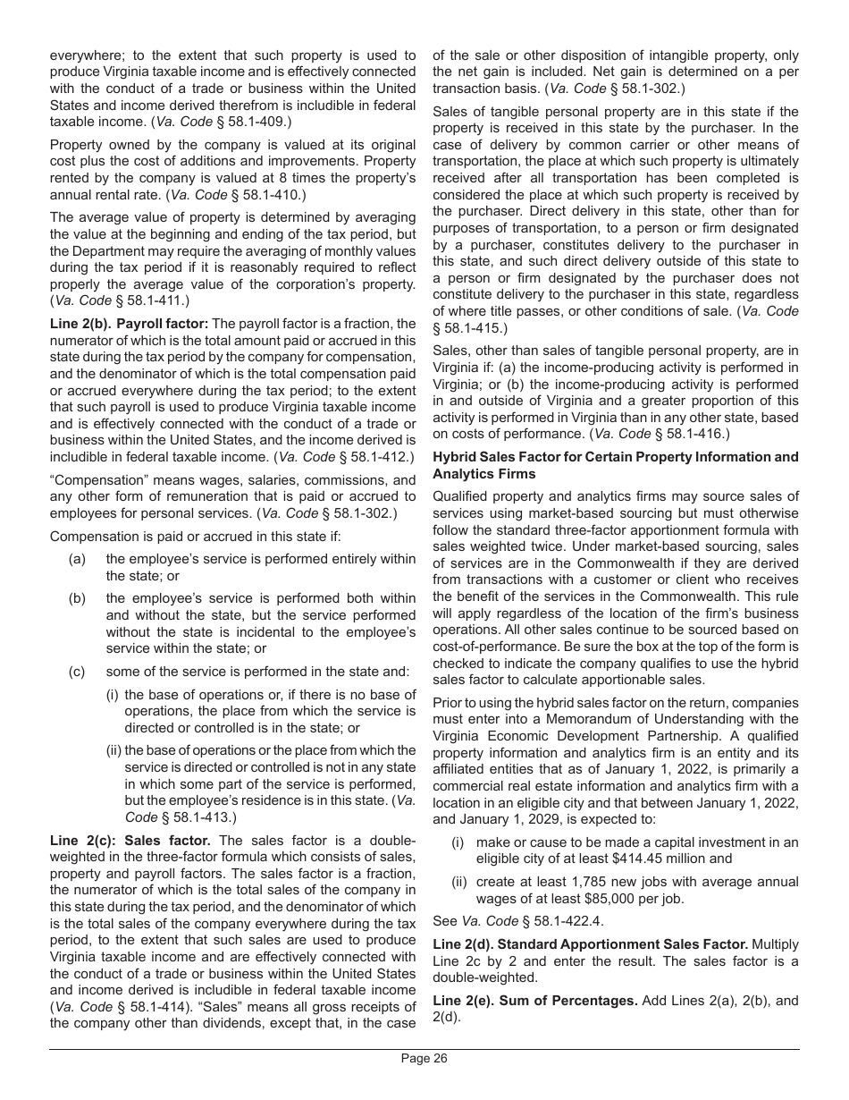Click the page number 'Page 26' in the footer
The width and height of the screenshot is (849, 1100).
pyautogui.click(x=424, y=1059)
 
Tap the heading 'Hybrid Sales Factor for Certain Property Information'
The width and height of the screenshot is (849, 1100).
pyautogui.click(x=616, y=457)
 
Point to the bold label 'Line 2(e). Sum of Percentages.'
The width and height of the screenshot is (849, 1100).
pyautogui.click(x=534, y=1000)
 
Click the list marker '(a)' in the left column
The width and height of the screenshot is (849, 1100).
pyautogui.click(x=77, y=559)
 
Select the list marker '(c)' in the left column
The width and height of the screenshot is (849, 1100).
pyautogui.click(x=77, y=672)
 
